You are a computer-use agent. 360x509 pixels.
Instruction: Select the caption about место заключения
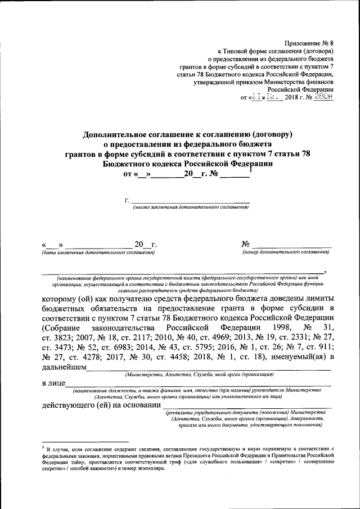pos(191,207)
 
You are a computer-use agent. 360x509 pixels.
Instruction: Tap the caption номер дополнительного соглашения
pos(286,253)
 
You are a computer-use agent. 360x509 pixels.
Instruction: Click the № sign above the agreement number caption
pos(245,244)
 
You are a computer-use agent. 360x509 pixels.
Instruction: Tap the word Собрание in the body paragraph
pos(61,327)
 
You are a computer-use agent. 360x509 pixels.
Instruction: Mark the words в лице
pos(54,384)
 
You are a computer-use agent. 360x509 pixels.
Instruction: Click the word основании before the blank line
pos(138,405)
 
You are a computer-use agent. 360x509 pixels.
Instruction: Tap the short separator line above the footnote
pos(85,442)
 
